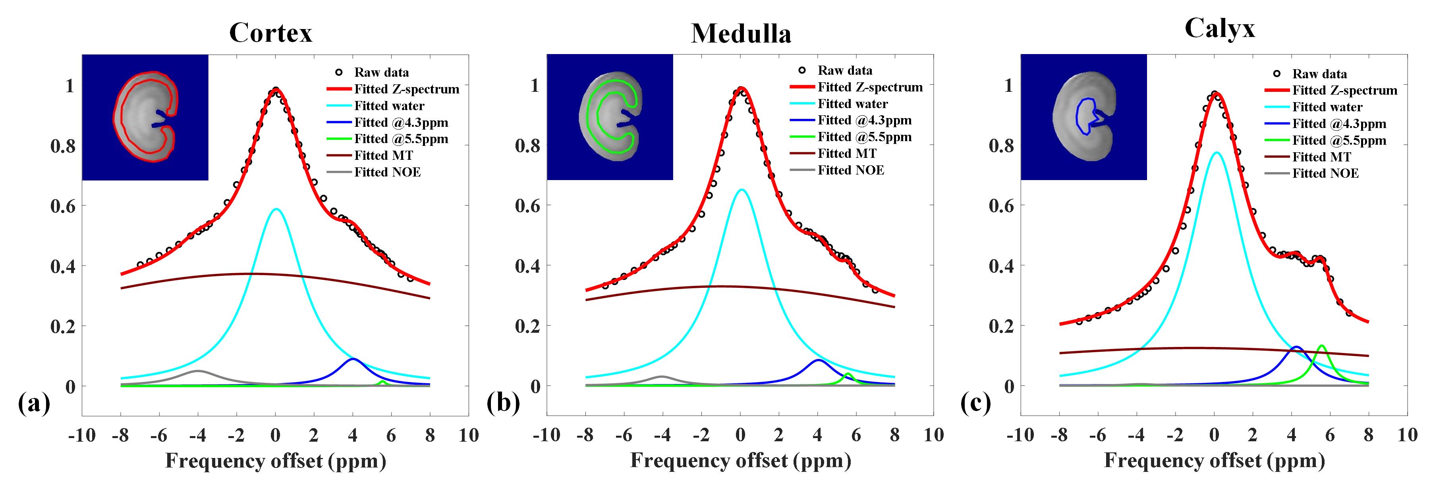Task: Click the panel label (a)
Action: tap(34, 403)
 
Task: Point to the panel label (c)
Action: tap(975, 403)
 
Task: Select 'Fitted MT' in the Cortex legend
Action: tap(383, 155)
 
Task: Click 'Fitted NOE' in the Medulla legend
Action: tap(850, 170)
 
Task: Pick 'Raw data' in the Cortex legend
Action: tap(381, 72)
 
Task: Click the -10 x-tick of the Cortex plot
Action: tap(82, 435)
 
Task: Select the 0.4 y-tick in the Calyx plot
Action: tap(1002, 266)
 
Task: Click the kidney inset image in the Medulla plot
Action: tap(610, 117)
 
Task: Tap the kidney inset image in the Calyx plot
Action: tap(1084, 117)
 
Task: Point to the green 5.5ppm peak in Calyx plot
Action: tap(1321, 346)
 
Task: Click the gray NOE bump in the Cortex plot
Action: tap(198, 371)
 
